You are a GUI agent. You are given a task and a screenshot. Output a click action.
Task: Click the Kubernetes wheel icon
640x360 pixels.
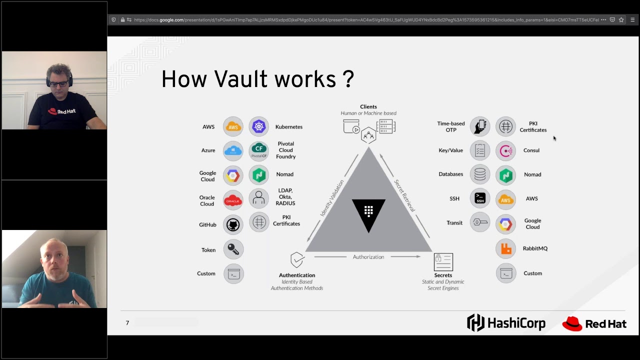pyautogui.click(x=258, y=126)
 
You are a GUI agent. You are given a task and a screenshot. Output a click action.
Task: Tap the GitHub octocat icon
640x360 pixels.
pyautogui.click(x=233, y=225)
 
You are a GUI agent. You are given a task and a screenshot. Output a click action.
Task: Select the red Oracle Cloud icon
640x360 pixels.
pyautogui.click(x=233, y=200)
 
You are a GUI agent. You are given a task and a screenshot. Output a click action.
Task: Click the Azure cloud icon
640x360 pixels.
pyautogui.click(x=233, y=150)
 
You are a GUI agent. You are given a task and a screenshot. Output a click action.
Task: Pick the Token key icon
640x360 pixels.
pyautogui.click(x=233, y=249)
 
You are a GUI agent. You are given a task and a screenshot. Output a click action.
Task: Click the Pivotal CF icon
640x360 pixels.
pyautogui.click(x=258, y=150)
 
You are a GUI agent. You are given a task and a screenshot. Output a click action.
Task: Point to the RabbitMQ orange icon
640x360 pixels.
pyautogui.click(x=505, y=248)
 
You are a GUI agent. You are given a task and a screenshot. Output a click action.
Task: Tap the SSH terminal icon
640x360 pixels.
pyautogui.click(x=480, y=198)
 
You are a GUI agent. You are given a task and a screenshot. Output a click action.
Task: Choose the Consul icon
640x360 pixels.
pyautogui.click(x=505, y=150)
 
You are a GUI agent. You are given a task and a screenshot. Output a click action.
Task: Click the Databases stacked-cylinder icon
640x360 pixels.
pyautogui.click(x=480, y=174)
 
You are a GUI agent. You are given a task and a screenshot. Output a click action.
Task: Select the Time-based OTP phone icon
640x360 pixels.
pyautogui.click(x=480, y=126)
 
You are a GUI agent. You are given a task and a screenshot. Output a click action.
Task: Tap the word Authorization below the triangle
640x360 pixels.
pyautogui.click(x=368, y=257)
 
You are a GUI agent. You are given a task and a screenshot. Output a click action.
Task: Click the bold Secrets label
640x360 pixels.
pyautogui.click(x=443, y=275)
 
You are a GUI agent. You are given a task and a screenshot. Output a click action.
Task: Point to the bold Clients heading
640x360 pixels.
pyautogui.click(x=368, y=107)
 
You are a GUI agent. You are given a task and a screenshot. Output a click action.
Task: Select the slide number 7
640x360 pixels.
pyautogui.click(x=127, y=323)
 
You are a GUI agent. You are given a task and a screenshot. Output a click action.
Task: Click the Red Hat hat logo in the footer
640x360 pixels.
pyautogui.click(x=572, y=324)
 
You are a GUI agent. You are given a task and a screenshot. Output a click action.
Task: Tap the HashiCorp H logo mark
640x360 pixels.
pyautogui.click(x=475, y=323)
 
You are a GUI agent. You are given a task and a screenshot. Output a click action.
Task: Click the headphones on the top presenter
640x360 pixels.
pyautogui.click(x=48, y=80)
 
